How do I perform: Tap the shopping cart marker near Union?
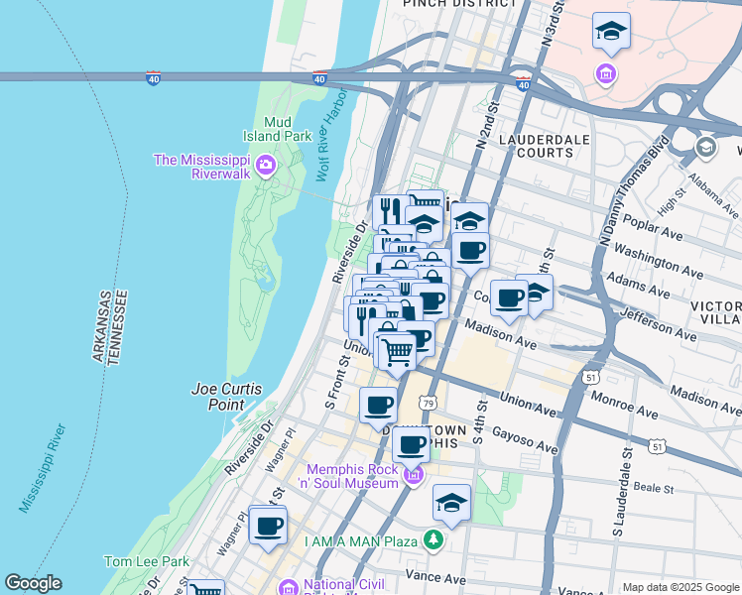point(397,351)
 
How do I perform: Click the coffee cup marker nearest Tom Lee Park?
point(268,526)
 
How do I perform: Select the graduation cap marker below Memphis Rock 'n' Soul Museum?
point(451,503)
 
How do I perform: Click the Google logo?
point(33,583)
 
